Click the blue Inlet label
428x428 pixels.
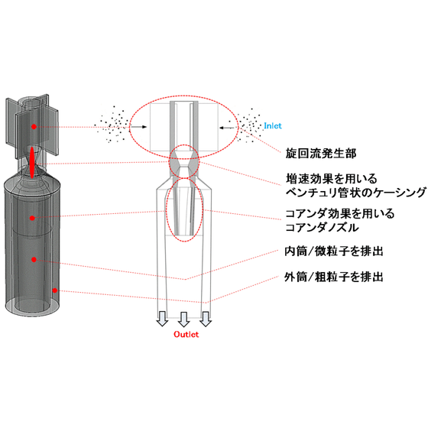[x=272, y=126]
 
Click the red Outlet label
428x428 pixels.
[x=186, y=335]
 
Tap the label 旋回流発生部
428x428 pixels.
[x=321, y=154]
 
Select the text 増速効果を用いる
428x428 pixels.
[x=332, y=179]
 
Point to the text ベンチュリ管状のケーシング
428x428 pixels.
[x=355, y=193]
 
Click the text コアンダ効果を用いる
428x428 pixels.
[x=340, y=213]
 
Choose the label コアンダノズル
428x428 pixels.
[x=322, y=228]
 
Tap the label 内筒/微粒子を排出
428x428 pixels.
[x=334, y=251]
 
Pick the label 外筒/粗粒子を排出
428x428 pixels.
[x=334, y=277]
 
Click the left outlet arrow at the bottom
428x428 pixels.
[x=162, y=319]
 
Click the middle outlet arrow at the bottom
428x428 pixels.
[x=183, y=319]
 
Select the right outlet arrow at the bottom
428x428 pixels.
[x=206, y=319]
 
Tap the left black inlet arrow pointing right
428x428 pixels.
[x=139, y=127]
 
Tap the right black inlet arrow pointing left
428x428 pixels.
[x=227, y=128]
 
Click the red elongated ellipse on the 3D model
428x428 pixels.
[x=31, y=163]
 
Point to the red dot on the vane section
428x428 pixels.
[x=34, y=127]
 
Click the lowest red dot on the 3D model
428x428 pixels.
[x=55, y=290]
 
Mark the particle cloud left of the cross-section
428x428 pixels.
[x=112, y=125]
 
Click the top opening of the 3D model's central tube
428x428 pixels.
[x=31, y=102]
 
